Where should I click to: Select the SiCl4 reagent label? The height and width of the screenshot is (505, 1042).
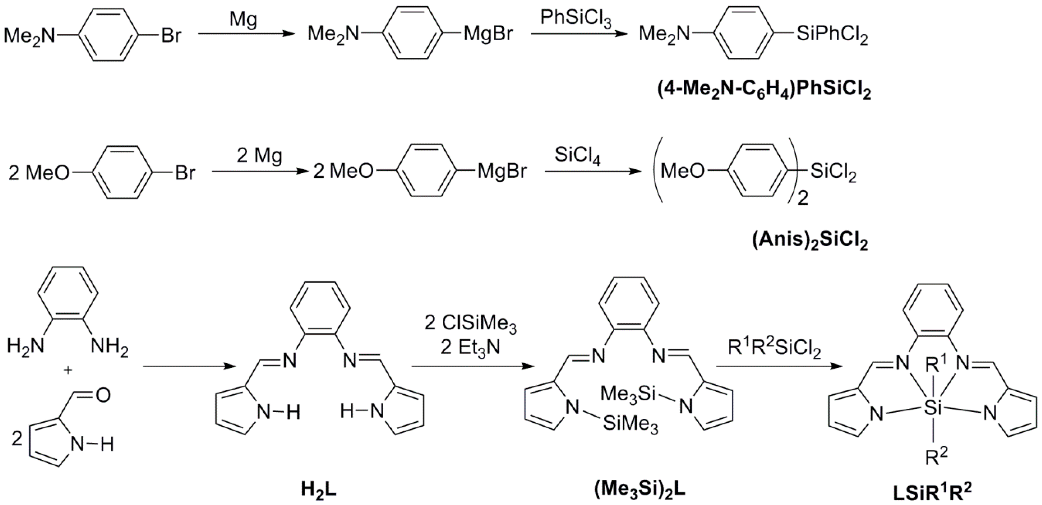(577, 155)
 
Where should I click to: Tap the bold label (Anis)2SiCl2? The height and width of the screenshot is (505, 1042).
(811, 241)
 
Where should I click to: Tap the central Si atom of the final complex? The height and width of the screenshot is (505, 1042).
(933, 409)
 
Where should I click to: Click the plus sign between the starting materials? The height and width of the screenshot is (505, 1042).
(68, 371)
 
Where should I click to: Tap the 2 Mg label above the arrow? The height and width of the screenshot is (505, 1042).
(259, 156)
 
